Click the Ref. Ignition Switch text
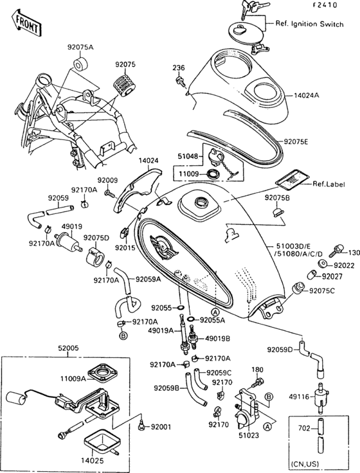311,24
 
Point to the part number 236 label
178,67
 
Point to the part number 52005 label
68,348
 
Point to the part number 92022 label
345,265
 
